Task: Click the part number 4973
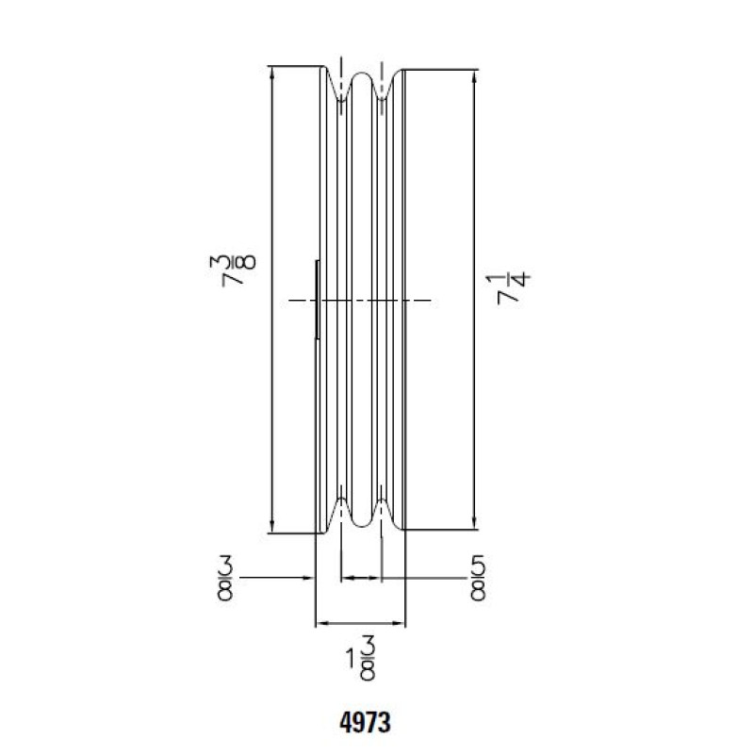click(365, 722)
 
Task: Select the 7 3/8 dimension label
click(232, 271)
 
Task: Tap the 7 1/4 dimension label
click(513, 289)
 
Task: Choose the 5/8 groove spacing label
click(478, 578)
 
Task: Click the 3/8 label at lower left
click(225, 578)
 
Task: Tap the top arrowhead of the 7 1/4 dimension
click(475, 76)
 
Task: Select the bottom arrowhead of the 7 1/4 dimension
click(475, 524)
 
